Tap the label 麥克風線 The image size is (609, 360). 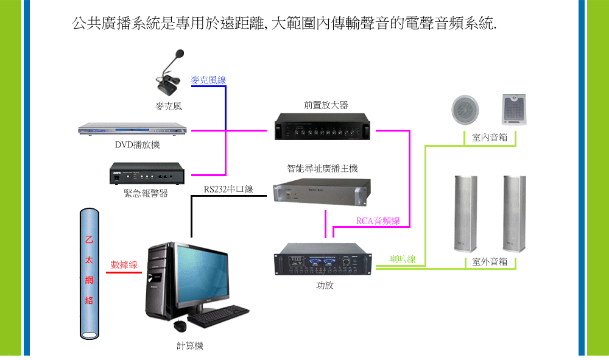(x=208, y=80)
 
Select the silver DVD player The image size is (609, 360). (x=132, y=129)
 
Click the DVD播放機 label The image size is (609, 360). (x=138, y=145)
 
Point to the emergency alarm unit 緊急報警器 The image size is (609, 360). (x=147, y=174)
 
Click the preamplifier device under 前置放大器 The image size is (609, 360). (x=322, y=127)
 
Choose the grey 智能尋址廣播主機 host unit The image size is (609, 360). (x=322, y=192)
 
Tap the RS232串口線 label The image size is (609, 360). (x=228, y=189)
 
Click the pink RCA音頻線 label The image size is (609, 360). (x=378, y=221)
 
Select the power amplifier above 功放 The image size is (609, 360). (x=323, y=259)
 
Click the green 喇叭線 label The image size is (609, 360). (x=403, y=259)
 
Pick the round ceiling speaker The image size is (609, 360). (x=465, y=110)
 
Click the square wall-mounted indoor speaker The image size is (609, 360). (x=514, y=109)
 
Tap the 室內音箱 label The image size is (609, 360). (x=490, y=138)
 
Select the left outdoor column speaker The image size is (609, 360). (x=466, y=214)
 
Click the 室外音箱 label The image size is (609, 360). (x=490, y=262)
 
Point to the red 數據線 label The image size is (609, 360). (x=124, y=264)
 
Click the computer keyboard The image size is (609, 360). (x=218, y=316)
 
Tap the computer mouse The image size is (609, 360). (x=180, y=325)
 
